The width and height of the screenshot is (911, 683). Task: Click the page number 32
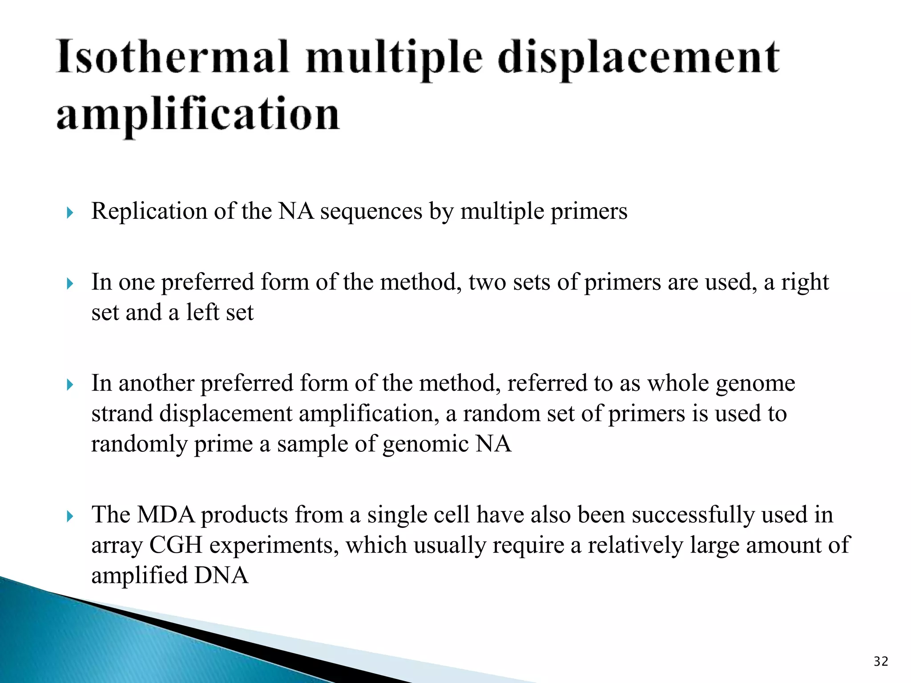point(881,662)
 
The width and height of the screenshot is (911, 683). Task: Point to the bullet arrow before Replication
point(69,213)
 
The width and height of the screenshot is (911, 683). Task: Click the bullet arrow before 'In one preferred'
point(69,284)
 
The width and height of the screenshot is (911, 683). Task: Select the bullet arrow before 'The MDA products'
point(69,516)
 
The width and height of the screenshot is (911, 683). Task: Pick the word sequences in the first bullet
point(371,212)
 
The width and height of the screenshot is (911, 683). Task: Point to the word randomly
point(139,445)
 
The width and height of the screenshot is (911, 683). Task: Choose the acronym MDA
point(165,515)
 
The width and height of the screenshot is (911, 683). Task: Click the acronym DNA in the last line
point(221,575)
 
